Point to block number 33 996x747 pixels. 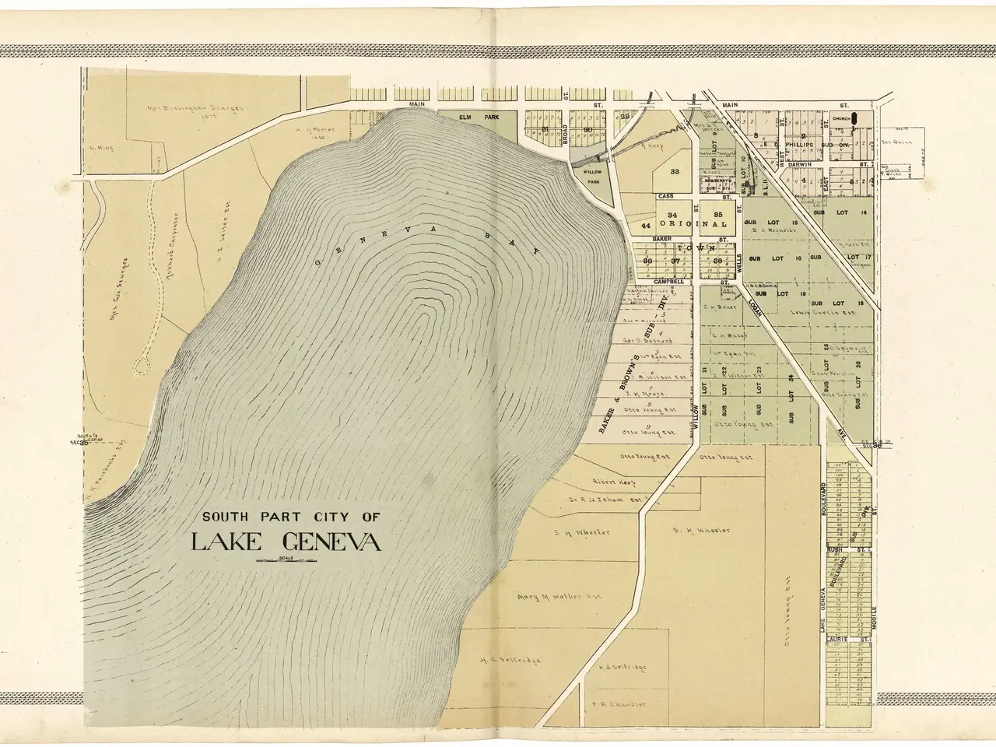click(x=675, y=172)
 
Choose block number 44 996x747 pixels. click(x=645, y=225)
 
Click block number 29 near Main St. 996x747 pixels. click(x=624, y=117)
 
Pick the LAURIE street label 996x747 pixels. click(x=836, y=640)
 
